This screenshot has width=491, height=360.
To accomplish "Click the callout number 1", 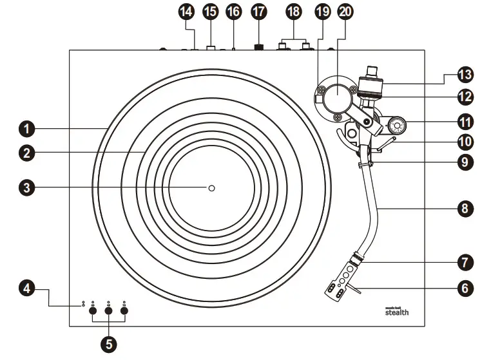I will point(26,129).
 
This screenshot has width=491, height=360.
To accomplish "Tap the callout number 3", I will point(26,187).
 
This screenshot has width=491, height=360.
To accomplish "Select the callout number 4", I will point(26,290).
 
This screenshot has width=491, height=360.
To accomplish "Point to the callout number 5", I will point(109,344).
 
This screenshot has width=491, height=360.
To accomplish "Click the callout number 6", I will point(463,289).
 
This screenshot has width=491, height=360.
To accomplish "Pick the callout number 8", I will point(463,209).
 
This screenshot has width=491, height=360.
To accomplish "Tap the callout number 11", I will point(463,121).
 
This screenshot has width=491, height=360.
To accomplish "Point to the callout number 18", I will point(294,13).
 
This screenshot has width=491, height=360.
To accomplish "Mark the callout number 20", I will point(345,13).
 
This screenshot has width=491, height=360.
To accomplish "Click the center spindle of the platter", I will point(211,187).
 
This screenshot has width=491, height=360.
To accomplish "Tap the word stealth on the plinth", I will point(397,312).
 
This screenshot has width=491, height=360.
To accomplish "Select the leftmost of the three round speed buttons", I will point(93,312).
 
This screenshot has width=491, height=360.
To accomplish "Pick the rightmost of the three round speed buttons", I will point(124,312).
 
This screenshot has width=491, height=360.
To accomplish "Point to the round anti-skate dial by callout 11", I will point(396,122).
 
